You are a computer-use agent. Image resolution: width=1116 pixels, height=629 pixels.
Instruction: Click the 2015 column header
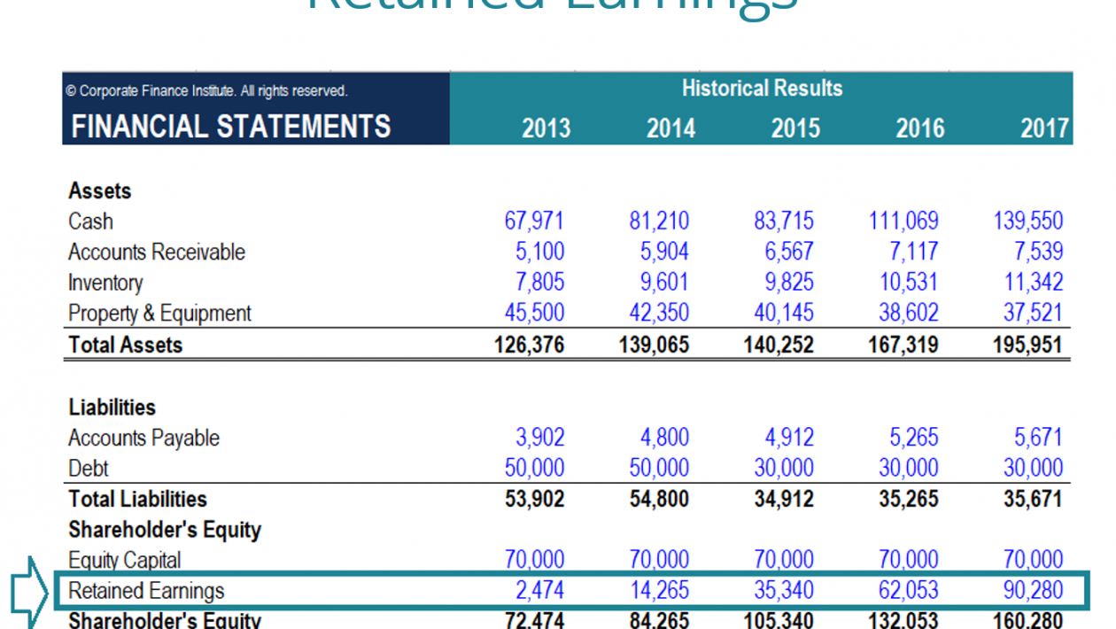pos(794,128)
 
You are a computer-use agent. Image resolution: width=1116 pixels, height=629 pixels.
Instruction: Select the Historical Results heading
pos(762,89)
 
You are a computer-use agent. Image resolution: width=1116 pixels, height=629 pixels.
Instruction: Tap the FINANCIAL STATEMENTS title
pos(230,127)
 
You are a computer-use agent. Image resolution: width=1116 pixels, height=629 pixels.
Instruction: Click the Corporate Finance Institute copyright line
pos(206,90)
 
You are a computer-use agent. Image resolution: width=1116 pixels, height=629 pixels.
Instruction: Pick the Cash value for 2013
pos(534,221)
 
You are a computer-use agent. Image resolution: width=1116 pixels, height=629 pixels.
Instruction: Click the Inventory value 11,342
pos(1034,283)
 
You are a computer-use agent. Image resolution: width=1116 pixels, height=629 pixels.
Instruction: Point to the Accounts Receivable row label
pos(157,252)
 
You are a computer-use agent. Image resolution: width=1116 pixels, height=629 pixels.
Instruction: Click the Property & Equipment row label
pos(159,314)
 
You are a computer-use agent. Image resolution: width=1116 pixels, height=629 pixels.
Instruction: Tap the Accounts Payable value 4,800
pos(664,438)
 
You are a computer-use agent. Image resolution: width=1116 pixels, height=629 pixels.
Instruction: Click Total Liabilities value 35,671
pos(1033,499)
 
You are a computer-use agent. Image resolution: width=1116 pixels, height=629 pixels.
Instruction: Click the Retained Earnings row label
pos(146,591)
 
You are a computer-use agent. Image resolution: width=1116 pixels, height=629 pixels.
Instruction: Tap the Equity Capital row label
pos(124,560)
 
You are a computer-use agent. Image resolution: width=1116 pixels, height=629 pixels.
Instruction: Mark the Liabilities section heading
pos(112,408)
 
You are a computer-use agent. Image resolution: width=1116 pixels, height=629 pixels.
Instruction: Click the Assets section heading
pos(99,190)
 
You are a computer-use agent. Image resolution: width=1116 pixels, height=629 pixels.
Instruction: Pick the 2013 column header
pos(546,128)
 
